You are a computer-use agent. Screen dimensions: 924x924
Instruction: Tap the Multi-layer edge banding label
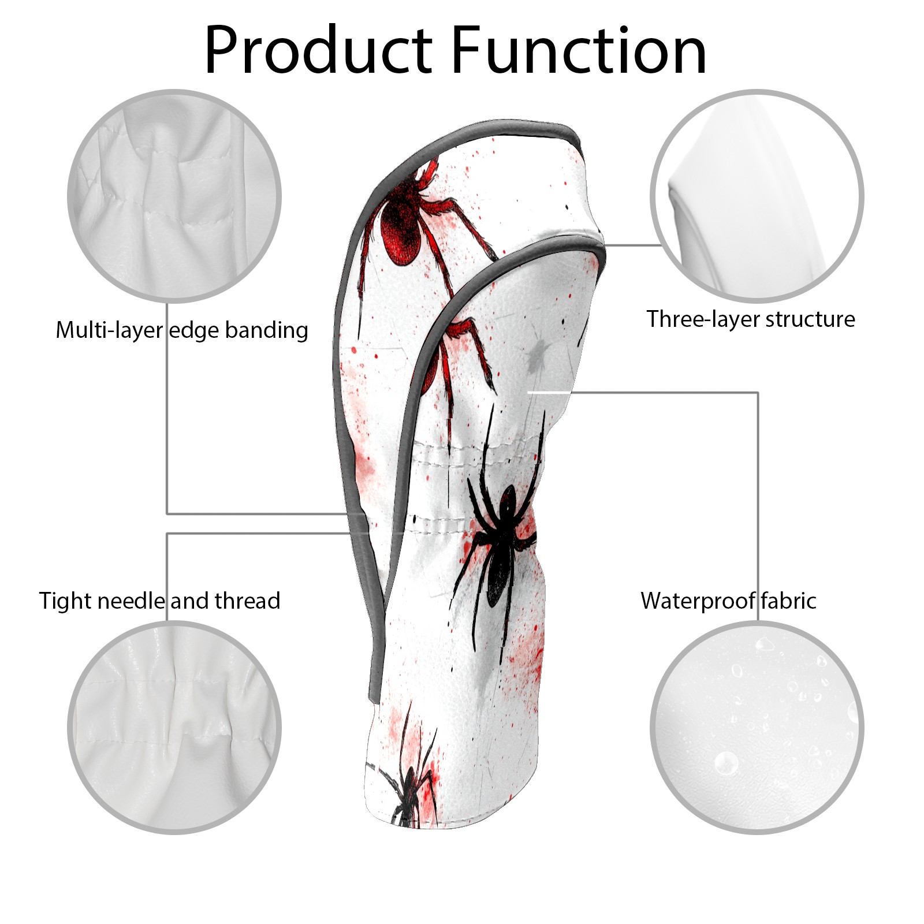[182, 330]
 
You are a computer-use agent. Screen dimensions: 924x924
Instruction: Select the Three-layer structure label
[750, 319]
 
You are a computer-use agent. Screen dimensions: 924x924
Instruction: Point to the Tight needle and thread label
[159, 601]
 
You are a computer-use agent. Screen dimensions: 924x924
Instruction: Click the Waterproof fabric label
[728, 601]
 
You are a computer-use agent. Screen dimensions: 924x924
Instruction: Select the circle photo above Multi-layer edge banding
[174, 196]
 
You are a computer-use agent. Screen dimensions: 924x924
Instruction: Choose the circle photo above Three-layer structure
[757, 196]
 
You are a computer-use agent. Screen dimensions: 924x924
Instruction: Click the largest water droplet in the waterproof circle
[726, 763]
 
